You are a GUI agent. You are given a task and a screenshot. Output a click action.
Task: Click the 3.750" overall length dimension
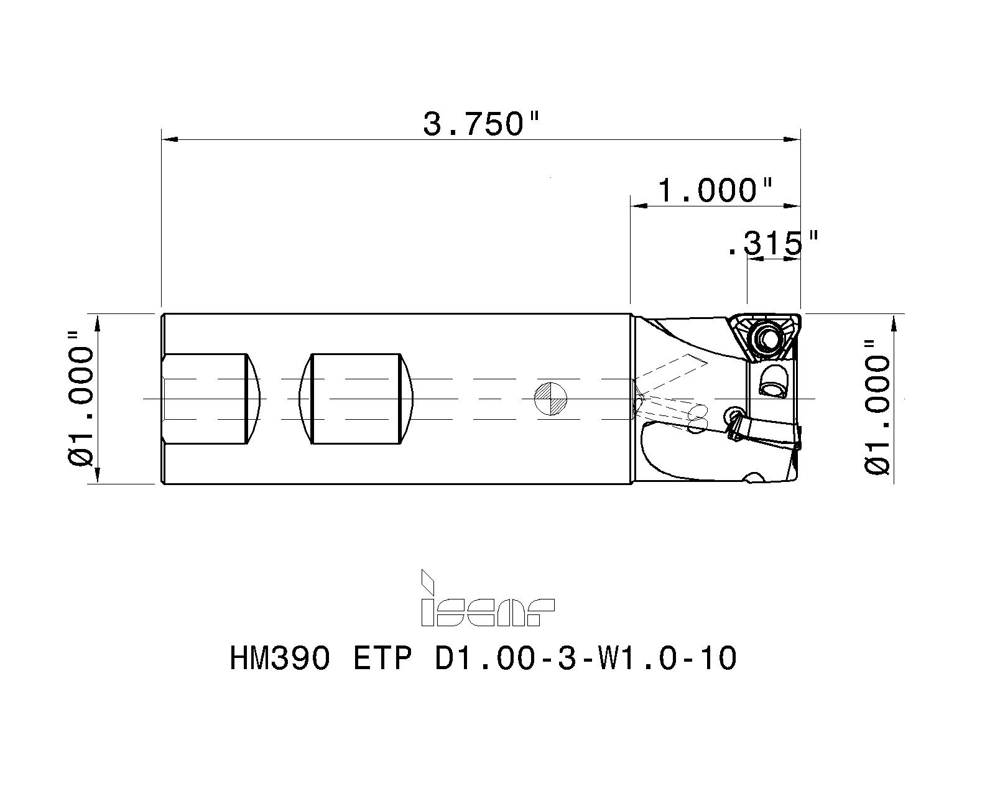point(480,123)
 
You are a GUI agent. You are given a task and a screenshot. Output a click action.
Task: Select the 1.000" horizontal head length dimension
point(715,190)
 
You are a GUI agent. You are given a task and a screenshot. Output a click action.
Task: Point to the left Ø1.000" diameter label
point(81,398)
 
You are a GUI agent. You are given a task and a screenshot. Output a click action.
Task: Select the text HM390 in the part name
point(280,658)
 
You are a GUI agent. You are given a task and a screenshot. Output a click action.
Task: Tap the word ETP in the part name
point(382,658)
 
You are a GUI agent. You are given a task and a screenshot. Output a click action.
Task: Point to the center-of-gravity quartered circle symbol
point(551,399)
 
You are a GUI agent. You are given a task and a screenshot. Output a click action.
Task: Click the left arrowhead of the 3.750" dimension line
point(169,139)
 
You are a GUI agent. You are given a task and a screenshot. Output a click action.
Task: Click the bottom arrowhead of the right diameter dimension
point(894,475)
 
